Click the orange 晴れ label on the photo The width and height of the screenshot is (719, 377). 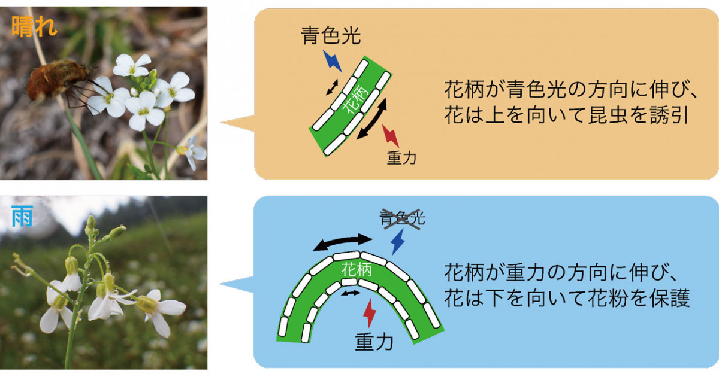click(x=34, y=26)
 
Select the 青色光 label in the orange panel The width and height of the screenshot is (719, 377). click(x=331, y=35)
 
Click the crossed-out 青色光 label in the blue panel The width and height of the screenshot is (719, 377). click(x=402, y=218)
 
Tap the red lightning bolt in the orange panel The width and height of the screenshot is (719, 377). click(x=391, y=136)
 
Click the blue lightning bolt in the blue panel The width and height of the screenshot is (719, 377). click(x=398, y=242)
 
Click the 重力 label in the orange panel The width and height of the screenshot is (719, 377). click(x=401, y=158)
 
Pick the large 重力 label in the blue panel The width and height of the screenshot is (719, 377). click(x=374, y=342)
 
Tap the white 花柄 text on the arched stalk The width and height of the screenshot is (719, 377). click(x=357, y=270)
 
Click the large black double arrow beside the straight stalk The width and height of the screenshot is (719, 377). click(x=372, y=119)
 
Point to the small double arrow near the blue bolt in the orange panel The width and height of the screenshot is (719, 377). click(x=332, y=87)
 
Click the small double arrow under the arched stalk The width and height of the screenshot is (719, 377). click(x=351, y=293)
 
